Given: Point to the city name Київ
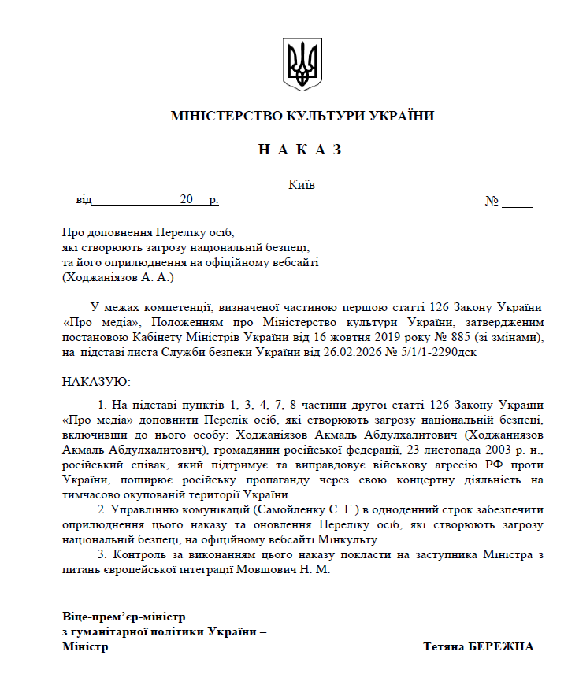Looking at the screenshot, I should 302,185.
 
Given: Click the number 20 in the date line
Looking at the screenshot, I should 186,200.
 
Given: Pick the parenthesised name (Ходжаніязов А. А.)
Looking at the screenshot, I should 117,277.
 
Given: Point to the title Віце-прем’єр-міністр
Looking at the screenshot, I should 124,616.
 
